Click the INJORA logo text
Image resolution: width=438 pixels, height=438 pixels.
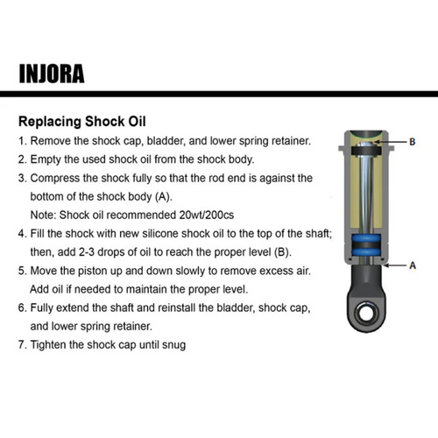click(51, 72)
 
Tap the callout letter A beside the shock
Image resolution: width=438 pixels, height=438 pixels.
click(412, 265)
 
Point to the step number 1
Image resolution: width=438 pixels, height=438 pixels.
click(21, 141)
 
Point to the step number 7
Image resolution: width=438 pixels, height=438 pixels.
click(21, 345)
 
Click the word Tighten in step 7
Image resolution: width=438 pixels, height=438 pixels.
click(52, 345)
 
